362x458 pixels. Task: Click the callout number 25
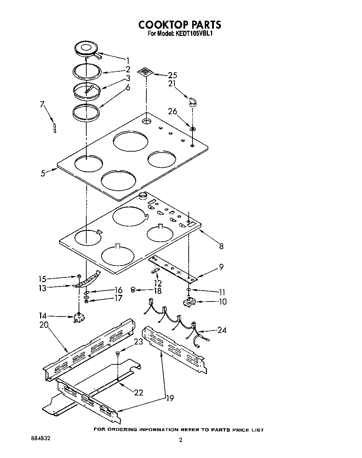pos(172,75)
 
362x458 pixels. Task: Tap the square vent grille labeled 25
pos(145,72)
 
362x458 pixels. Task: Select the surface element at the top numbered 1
pos(86,48)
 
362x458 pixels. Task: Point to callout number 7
pos(42,104)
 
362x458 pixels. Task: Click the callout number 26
pos(173,112)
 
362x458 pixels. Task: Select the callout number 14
pos(43,316)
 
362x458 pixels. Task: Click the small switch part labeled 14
pos(79,318)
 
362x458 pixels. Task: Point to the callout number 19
pos(170,398)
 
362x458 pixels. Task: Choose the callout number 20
pos(44,325)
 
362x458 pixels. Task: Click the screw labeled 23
pos(117,354)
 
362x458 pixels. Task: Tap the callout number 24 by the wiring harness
pos(222,329)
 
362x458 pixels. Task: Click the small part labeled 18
pos(133,289)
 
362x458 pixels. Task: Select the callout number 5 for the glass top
pos(43,173)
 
